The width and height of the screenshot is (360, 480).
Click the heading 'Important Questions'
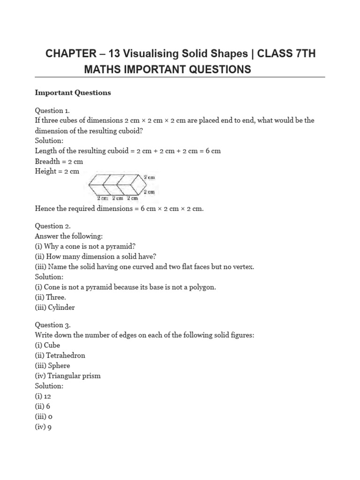[x=73, y=93]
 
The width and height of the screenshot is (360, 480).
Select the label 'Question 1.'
[x=52, y=111]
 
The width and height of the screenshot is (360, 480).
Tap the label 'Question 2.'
[x=52, y=226]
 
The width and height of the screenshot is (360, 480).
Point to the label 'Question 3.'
[x=52, y=325]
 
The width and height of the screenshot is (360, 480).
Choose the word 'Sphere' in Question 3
[x=59, y=366]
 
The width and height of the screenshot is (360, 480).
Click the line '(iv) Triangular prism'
[x=67, y=376]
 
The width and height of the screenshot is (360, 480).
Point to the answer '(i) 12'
[x=45, y=397]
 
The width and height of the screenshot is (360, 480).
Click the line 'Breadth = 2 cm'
[x=59, y=161]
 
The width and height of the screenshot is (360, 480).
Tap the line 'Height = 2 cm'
[x=57, y=172]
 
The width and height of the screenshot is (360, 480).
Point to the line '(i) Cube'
[x=47, y=345]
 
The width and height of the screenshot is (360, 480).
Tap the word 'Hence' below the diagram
[x=45, y=209]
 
